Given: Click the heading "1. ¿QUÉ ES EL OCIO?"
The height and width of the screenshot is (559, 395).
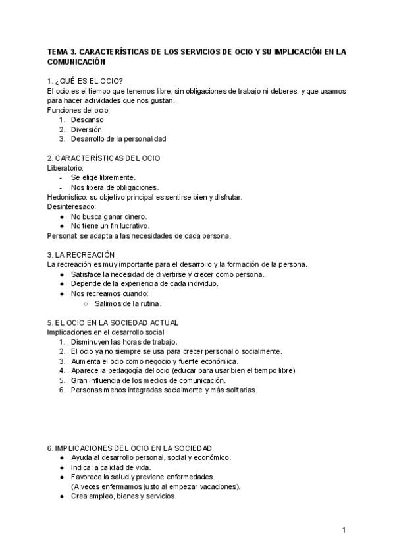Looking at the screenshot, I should pyautogui.click(x=86, y=81).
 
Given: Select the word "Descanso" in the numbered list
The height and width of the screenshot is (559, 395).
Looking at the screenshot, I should pyautogui.click(x=87, y=119).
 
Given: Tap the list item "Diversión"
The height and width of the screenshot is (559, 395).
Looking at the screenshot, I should pyautogui.click(x=86, y=129).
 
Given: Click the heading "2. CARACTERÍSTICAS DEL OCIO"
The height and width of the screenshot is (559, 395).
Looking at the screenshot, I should pyautogui.click(x=103, y=158).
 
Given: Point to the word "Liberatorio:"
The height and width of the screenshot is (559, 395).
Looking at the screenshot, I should pyautogui.click(x=66, y=167).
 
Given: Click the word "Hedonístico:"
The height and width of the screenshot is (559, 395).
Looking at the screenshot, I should pyautogui.click(x=68, y=196).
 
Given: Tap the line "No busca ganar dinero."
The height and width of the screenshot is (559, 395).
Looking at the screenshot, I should pyautogui.click(x=109, y=216).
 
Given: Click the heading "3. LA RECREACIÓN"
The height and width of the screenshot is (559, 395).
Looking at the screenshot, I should pyautogui.click(x=81, y=254).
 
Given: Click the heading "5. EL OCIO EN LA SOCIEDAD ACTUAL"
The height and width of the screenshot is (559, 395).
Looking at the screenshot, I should pyautogui.click(x=113, y=322).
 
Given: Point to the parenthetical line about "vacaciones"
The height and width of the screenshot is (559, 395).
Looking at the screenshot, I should pyautogui.click(x=155, y=486).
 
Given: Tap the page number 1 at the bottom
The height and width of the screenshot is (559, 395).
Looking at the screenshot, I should pyautogui.click(x=344, y=530).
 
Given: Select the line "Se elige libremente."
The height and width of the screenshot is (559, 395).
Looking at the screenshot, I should pyautogui.click(x=103, y=177).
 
